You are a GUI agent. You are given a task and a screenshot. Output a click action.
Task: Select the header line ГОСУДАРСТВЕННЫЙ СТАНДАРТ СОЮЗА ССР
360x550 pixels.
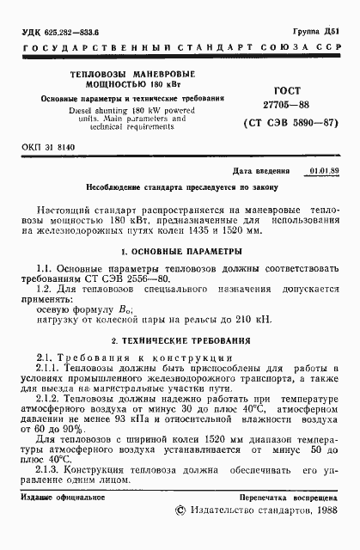coord(180,45)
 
